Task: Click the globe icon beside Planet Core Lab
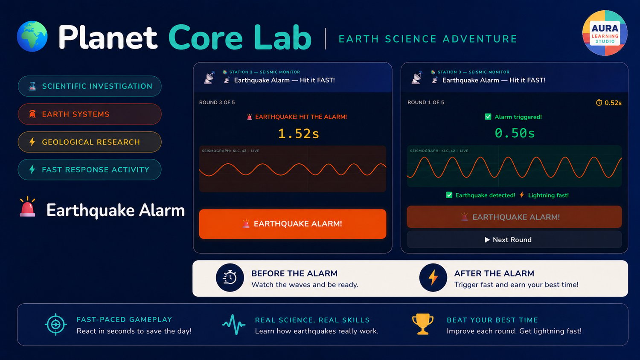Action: tap(32, 36)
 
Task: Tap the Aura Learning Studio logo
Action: tap(605, 33)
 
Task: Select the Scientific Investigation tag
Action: tap(90, 86)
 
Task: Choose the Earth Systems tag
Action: tap(90, 114)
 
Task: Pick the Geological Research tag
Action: tap(90, 142)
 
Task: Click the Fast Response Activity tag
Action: tap(90, 170)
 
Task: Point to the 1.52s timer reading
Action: tap(298, 134)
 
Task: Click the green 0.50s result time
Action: tap(515, 133)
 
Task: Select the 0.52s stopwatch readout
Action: tap(608, 102)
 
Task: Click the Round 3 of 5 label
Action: tap(217, 102)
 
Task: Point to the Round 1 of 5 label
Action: tap(426, 102)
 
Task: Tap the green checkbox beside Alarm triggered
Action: tap(488, 116)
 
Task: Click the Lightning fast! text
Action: tap(548, 195)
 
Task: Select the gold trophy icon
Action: tap(422, 324)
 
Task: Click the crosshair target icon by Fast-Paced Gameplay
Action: tap(56, 324)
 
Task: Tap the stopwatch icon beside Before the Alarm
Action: tap(230, 277)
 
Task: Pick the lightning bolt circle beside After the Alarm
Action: tap(433, 277)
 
